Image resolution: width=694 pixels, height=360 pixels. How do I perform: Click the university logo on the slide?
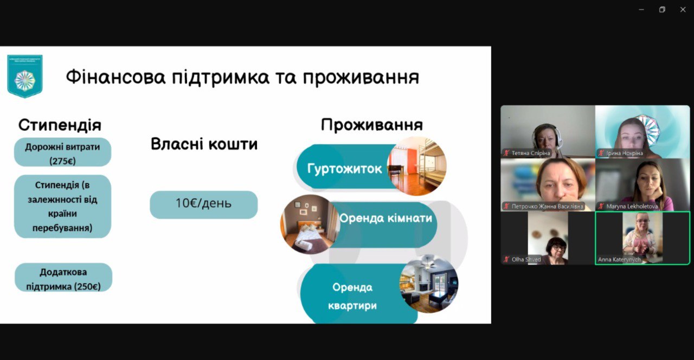point(24,76)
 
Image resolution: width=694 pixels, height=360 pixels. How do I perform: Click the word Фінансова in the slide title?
point(115,77)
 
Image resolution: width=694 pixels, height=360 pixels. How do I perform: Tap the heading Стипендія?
point(60,125)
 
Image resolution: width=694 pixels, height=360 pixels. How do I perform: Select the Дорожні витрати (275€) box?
point(62,152)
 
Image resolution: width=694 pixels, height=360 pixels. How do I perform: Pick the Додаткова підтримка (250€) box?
point(63,278)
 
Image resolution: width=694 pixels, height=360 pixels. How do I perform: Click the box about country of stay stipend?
point(62,207)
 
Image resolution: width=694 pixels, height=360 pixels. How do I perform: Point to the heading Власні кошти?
point(204,144)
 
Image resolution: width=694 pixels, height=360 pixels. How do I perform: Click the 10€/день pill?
point(203,204)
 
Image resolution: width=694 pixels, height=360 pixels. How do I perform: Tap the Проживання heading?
point(371,125)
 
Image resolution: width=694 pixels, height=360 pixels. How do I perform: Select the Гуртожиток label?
point(344,169)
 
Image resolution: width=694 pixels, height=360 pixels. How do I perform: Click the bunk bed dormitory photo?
point(416,166)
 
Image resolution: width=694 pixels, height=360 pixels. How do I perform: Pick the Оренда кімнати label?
point(385,218)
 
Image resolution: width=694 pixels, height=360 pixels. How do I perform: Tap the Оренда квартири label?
point(352,296)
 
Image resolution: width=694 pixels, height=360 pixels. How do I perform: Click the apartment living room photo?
point(428,284)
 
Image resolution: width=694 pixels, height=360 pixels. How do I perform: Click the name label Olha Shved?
point(526,260)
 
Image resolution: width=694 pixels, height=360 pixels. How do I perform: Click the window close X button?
point(683,9)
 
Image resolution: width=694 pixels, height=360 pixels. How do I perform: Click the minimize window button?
point(641,9)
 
